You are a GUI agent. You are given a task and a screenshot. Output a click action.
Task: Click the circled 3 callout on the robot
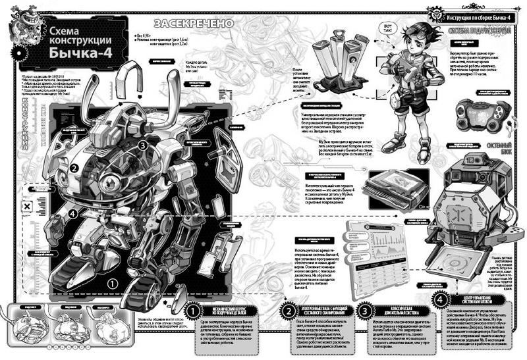[x=142, y=146]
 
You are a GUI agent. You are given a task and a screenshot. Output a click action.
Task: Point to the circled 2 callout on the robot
[x=74, y=168]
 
